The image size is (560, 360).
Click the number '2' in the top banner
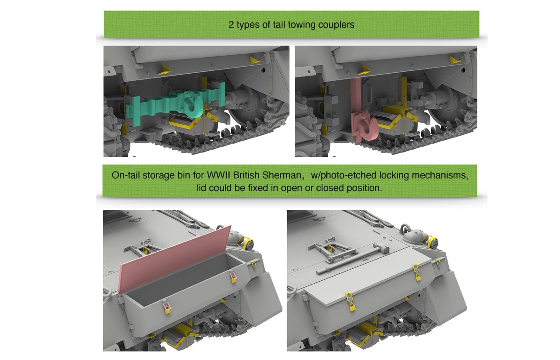click(x=231, y=25)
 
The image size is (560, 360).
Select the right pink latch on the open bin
click(x=232, y=277)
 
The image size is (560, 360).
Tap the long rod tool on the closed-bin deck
click(x=352, y=260)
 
